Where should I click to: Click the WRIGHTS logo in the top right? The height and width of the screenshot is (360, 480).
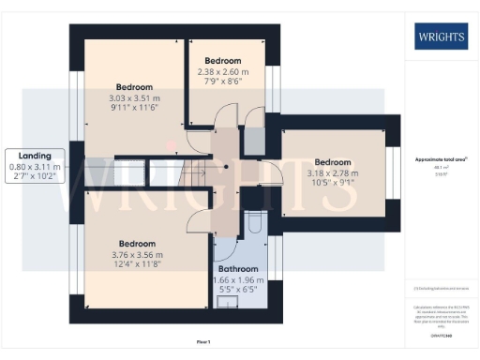pyautogui.click(x=438, y=37)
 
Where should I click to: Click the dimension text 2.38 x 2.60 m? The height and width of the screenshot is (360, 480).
pyautogui.click(x=223, y=71)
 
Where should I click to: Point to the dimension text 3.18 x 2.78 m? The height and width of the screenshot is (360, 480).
pyautogui.click(x=332, y=172)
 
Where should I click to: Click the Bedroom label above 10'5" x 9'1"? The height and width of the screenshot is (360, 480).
pyautogui.click(x=332, y=161)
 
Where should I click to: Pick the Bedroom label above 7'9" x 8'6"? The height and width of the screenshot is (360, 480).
pyautogui.click(x=223, y=60)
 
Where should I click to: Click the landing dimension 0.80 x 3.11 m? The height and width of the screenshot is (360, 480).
pyautogui.click(x=37, y=166)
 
